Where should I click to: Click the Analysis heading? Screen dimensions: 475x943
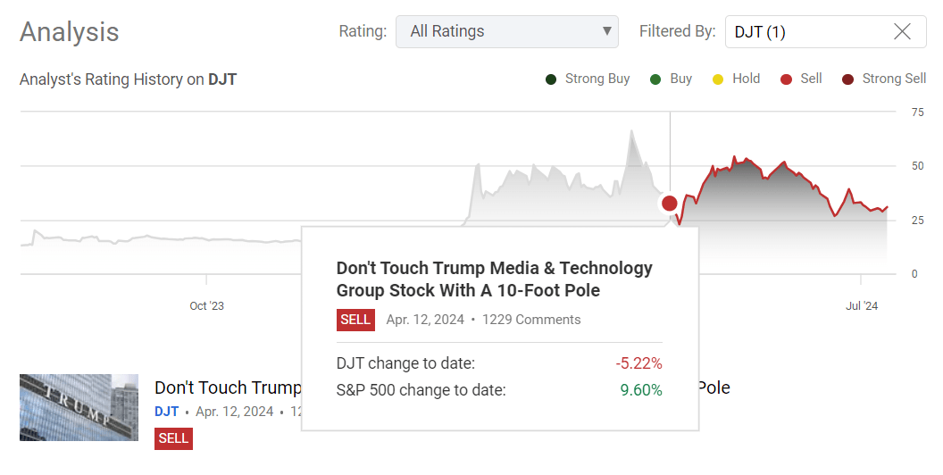[x=70, y=32]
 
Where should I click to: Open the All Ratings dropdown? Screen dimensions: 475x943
[x=506, y=31]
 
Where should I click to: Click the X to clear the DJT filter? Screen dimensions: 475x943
[x=902, y=32]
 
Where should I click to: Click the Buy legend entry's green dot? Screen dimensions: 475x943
[x=655, y=79]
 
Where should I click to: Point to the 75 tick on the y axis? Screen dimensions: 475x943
[x=917, y=112]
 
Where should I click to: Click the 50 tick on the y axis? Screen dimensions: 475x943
[x=917, y=166]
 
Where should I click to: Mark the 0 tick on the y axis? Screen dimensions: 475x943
[x=914, y=274]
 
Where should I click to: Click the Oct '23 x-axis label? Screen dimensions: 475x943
[x=206, y=306]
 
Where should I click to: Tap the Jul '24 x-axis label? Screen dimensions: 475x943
[x=862, y=306]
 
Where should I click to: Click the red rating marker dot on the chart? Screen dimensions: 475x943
[x=670, y=204]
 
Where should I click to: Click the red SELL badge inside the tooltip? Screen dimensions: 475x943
[x=355, y=320]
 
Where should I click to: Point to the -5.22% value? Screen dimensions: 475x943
[x=638, y=363]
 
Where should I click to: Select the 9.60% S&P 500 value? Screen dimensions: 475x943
[x=641, y=390]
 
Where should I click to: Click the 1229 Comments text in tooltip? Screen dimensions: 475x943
[x=531, y=320]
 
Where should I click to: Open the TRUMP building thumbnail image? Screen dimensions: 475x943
[x=79, y=407]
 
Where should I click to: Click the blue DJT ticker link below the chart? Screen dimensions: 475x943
[x=166, y=412]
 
